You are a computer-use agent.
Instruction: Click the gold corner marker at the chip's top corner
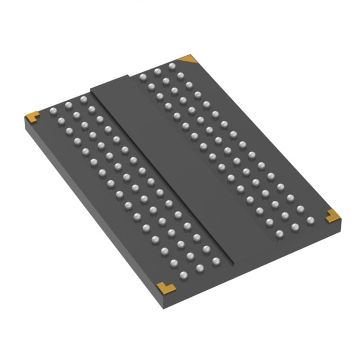pos(187,58)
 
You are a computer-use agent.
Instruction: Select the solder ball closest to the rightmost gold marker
pos(310,220)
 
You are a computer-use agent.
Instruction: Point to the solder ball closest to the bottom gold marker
pos(183,275)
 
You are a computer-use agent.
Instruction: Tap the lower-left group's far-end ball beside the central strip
pos(83,100)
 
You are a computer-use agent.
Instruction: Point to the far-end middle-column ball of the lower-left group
pos(68,105)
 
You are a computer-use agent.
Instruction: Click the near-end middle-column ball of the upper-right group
pos(295,227)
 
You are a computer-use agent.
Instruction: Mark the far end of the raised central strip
pos(112,83)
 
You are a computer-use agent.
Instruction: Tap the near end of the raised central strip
pos(247,247)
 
